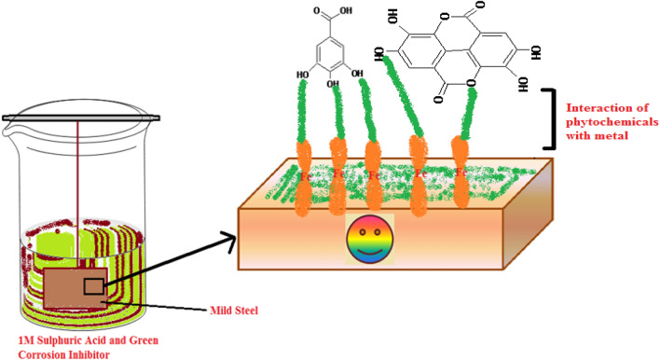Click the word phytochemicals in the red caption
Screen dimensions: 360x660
coord(608,123)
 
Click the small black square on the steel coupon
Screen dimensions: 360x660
coord(94,285)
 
